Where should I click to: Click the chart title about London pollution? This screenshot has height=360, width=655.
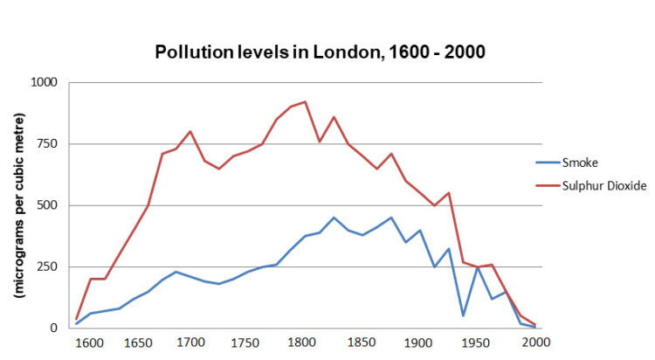click(320, 52)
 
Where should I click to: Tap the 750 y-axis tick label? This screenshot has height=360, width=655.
click(46, 144)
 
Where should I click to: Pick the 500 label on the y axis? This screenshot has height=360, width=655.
click(46, 205)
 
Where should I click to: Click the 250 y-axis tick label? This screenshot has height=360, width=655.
click(46, 267)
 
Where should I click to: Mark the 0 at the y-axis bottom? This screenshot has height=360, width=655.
click(54, 329)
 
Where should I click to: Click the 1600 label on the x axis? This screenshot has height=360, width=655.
click(91, 343)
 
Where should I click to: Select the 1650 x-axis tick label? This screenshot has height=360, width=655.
click(140, 343)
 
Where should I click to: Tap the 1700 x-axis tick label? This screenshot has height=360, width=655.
click(190, 343)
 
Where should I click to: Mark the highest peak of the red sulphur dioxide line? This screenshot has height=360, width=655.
click(305, 101)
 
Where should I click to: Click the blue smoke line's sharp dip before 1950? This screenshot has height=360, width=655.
click(463, 315)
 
